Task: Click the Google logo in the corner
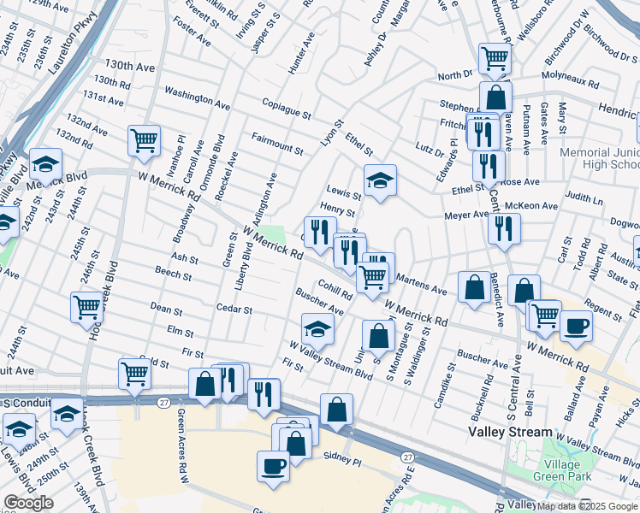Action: coord(28,503)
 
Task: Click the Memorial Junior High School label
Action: coord(596,158)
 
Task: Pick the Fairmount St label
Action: coord(283,141)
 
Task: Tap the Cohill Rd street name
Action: coord(335,290)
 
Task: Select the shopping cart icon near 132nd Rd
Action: coord(145,139)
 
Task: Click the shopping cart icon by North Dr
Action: coord(495,58)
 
